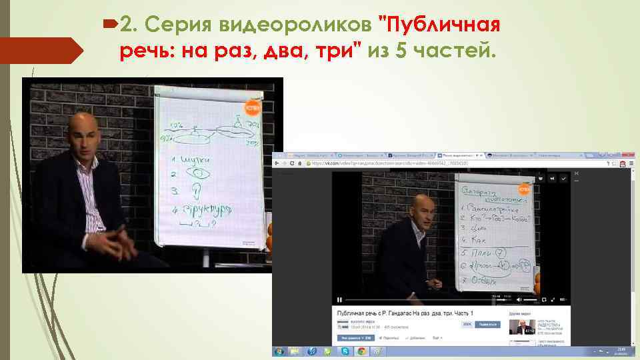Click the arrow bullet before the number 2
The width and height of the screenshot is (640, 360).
pos(109,25)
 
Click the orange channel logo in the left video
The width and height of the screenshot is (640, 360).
pos(252,108)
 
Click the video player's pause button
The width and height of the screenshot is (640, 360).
pos(339,299)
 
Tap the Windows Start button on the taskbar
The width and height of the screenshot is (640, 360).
pos(279,351)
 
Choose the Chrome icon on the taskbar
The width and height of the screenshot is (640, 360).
pos(361,351)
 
